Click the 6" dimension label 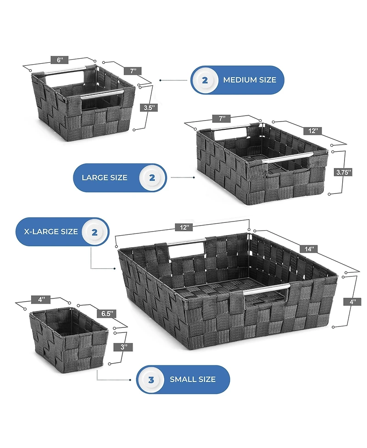pos(60,60)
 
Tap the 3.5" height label pos(149,108)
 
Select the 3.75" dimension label pos(343,172)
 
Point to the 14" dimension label pos(309,249)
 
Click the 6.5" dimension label pos(107,314)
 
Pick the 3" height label pos(123,347)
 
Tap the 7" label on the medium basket pos(133,71)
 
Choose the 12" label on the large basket pos(313,131)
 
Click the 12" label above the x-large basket pos(184,227)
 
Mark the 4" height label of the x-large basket pos(352,302)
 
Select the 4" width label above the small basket pos(41,300)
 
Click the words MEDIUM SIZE pos(250,80)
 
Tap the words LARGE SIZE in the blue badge pos(105,178)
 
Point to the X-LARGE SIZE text pos(51,232)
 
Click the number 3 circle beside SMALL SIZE pos(151,380)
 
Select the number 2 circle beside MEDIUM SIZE pos(205,80)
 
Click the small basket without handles pos(69,339)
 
